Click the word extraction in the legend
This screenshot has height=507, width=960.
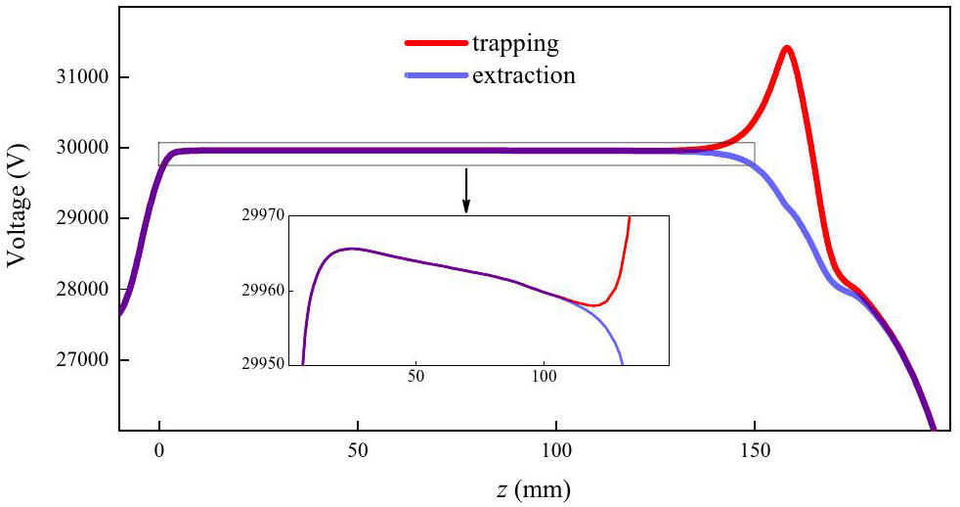pyautogui.click(x=523, y=75)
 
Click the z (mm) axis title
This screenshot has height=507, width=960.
pyautogui.click(x=530, y=486)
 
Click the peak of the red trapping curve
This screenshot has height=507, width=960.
pyautogui.click(x=786, y=47)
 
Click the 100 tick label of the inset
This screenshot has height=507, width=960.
pyautogui.click(x=544, y=376)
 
